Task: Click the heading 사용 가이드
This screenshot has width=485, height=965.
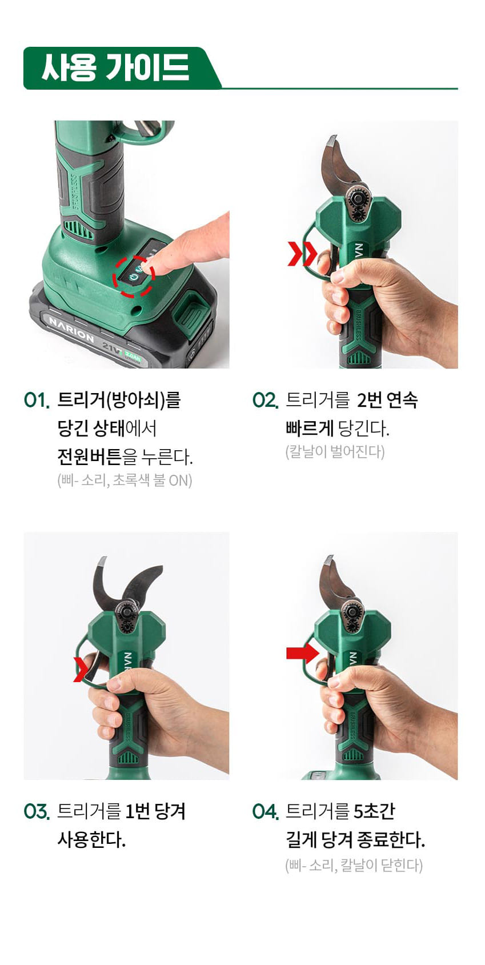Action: pyautogui.click(x=115, y=67)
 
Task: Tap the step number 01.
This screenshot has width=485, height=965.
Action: pyautogui.click(x=37, y=400)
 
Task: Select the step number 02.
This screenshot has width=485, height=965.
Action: pyautogui.click(x=265, y=400)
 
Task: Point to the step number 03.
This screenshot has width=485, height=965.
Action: pyautogui.click(x=37, y=812)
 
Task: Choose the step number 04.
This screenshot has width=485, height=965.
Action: pyautogui.click(x=265, y=812)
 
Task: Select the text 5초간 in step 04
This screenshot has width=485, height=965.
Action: pyautogui.click(x=374, y=812)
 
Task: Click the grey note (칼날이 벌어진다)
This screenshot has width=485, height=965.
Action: pyautogui.click(x=335, y=451)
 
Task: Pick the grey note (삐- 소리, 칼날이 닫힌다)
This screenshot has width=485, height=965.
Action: pyautogui.click(x=354, y=864)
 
